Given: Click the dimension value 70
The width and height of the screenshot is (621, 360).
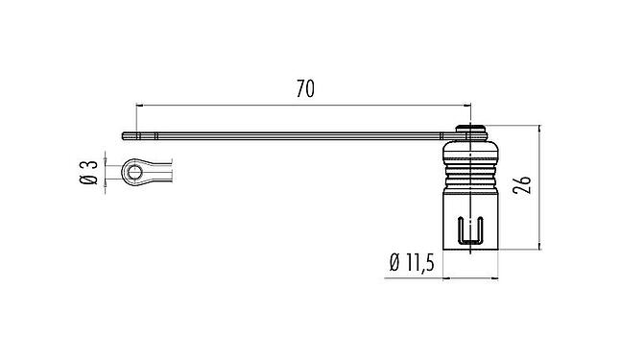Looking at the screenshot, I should [x=304, y=89].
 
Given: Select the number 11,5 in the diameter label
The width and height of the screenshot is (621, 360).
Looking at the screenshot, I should [x=418, y=261].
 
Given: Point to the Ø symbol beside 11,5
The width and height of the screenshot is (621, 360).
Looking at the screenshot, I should [x=394, y=261].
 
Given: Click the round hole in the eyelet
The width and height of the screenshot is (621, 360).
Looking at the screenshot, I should [x=136, y=173].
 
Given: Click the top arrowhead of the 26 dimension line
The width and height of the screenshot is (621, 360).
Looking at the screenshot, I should [x=540, y=130].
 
